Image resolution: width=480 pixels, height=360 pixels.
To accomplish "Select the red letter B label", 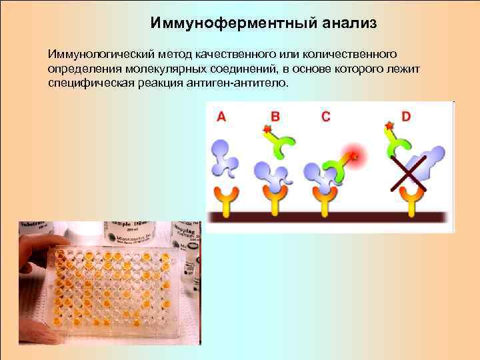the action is pyautogui.click(x=274, y=116).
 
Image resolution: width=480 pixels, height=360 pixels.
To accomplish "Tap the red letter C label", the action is pyautogui.click(x=325, y=116).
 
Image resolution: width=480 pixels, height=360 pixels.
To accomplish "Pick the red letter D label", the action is pyautogui.click(x=406, y=116).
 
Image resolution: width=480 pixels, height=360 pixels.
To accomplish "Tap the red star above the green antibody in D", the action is pyautogui.click(x=389, y=125).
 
